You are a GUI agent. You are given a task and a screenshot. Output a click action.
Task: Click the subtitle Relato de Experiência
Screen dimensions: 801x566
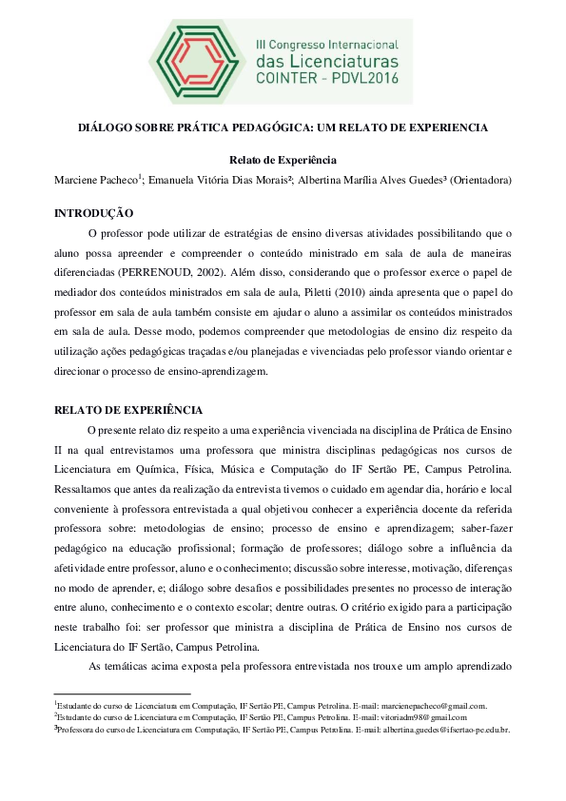(283, 160)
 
